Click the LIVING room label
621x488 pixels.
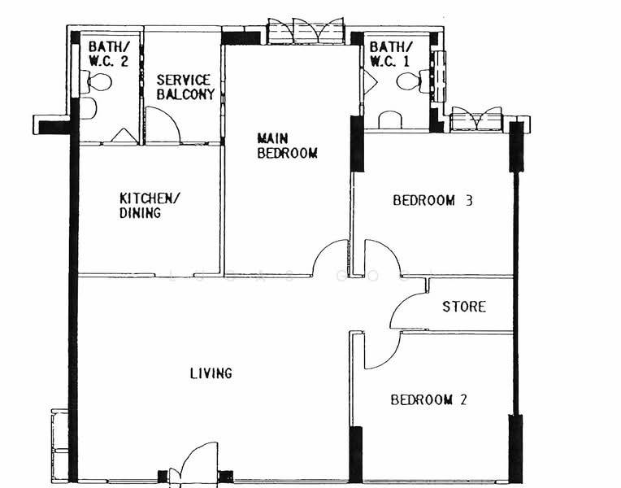[211, 373]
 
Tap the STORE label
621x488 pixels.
[464, 307]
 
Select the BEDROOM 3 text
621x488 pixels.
[432, 200]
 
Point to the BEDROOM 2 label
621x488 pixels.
[428, 399]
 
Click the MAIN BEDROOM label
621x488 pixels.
[287, 146]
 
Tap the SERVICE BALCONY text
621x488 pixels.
[185, 87]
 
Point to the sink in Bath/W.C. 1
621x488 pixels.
[390, 120]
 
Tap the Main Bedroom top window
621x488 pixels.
[306, 31]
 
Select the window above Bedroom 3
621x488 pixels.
[476, 119]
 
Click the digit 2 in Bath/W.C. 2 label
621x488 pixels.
[124, 61]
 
